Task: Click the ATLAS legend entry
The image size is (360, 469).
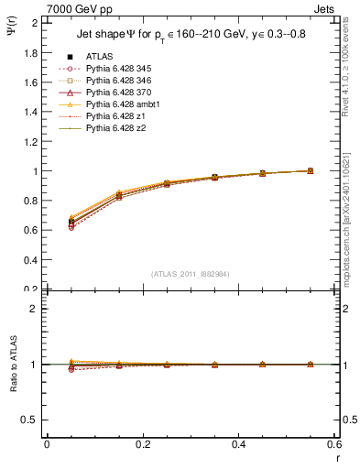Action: (x=101, y=56)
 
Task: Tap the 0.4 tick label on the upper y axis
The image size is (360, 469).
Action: (x=32, y=260)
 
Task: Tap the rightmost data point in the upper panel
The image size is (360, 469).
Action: (x=310, y=170)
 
